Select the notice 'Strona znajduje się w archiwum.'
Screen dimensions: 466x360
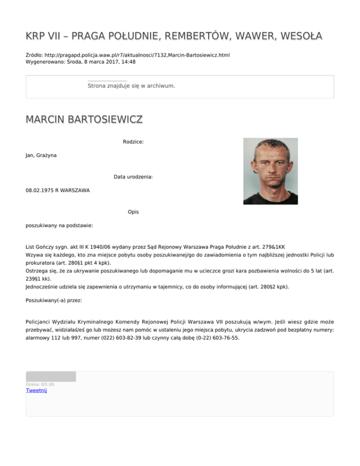(131, 86)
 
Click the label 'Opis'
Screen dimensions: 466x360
(133, 212)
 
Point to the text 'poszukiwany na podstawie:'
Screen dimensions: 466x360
(59, 225)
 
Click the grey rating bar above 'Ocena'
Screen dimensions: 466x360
(51, 376)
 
